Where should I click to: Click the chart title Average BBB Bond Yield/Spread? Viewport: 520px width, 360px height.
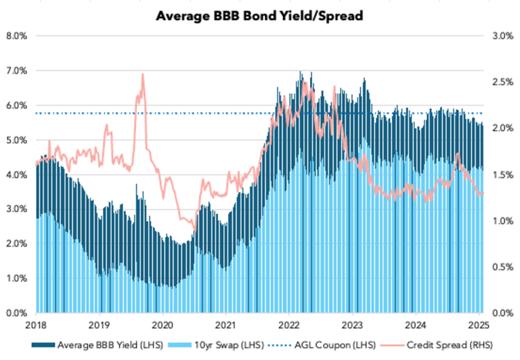pyautogui.click(x=260, y=15)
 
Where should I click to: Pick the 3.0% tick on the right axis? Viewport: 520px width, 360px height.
pyautogui.click(x=500, y=36)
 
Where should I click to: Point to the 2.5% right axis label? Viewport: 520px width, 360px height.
pyautogui.click(x=500, y=82)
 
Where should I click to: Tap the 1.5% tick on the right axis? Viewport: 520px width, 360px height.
pyautogui.click(x=500, y=175)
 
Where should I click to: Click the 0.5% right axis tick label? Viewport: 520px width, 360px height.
pyautogui.click(x=500, y=267)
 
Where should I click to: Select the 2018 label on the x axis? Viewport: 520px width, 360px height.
pyautogui.click(x=35, y=325)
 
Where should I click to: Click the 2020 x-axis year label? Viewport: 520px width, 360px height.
pyautogui.click(x=162, y=325)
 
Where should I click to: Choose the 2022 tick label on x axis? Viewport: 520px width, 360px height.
pyautogui.click(x=289, y=325)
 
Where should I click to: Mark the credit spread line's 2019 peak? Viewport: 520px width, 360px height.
pyautogui.click(x=143, y=74)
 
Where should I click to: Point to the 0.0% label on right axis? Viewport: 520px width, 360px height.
pyautogui.click(x=500, y=313)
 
